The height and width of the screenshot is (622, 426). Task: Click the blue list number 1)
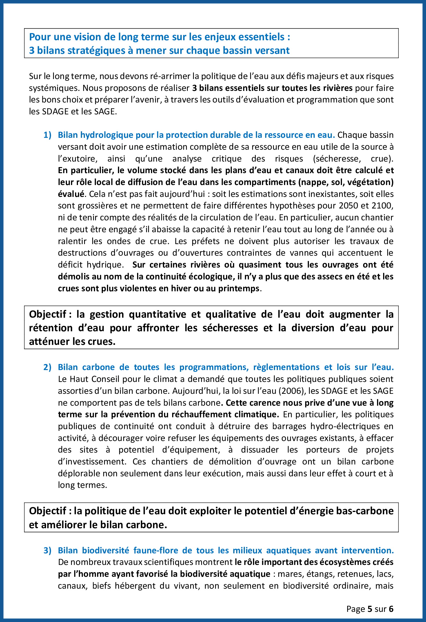pos(47,135)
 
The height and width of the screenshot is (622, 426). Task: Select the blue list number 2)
pos(47,367)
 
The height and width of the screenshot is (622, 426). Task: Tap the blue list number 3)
pos(47,550)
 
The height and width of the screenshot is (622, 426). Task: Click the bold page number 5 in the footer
pos(369,609)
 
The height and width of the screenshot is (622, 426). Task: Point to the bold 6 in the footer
pos(391,609)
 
